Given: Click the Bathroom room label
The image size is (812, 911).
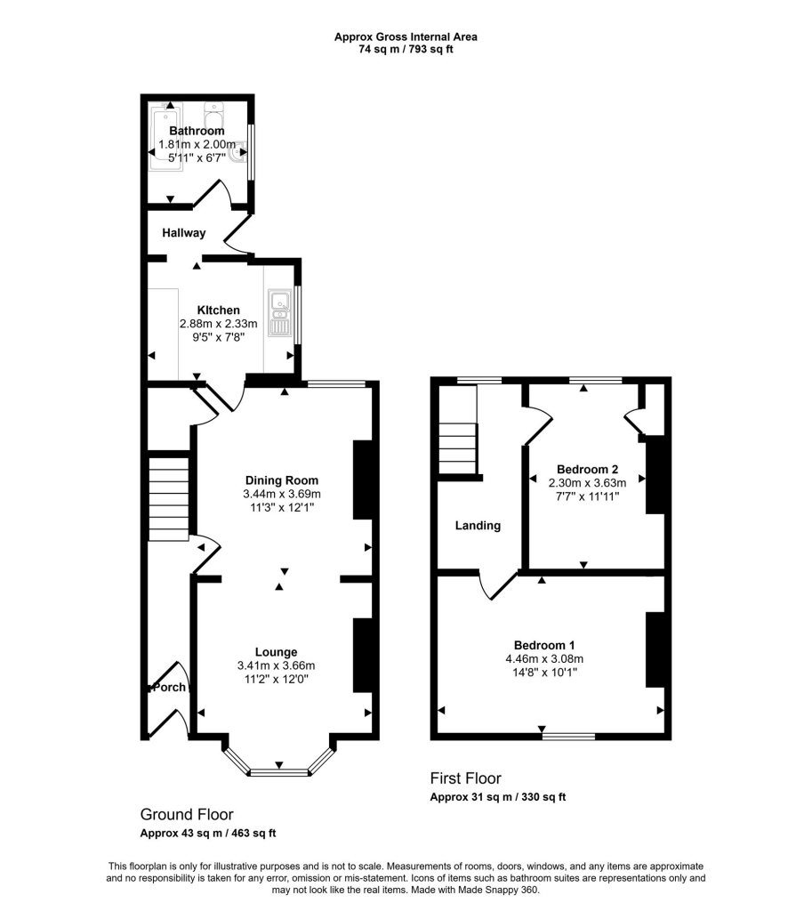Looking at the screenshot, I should coord(197,131).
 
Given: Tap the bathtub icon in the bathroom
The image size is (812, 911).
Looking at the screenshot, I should coord(166,139).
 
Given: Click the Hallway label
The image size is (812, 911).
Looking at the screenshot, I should coord(184,233).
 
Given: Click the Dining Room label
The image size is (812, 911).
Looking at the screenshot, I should coord(281,480).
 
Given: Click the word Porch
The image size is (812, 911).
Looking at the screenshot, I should coord(169,688).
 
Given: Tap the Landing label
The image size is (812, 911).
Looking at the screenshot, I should coord(478,526).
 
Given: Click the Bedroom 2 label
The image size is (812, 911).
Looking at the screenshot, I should coord(587,469).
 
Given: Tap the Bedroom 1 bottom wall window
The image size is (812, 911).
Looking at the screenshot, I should coord(568,736).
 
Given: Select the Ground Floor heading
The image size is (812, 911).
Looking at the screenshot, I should coord(187,814).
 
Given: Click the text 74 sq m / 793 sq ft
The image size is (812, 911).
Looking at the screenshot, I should coord(406,50).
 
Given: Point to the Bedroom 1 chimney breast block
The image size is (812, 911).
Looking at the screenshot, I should coord(655,649).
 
